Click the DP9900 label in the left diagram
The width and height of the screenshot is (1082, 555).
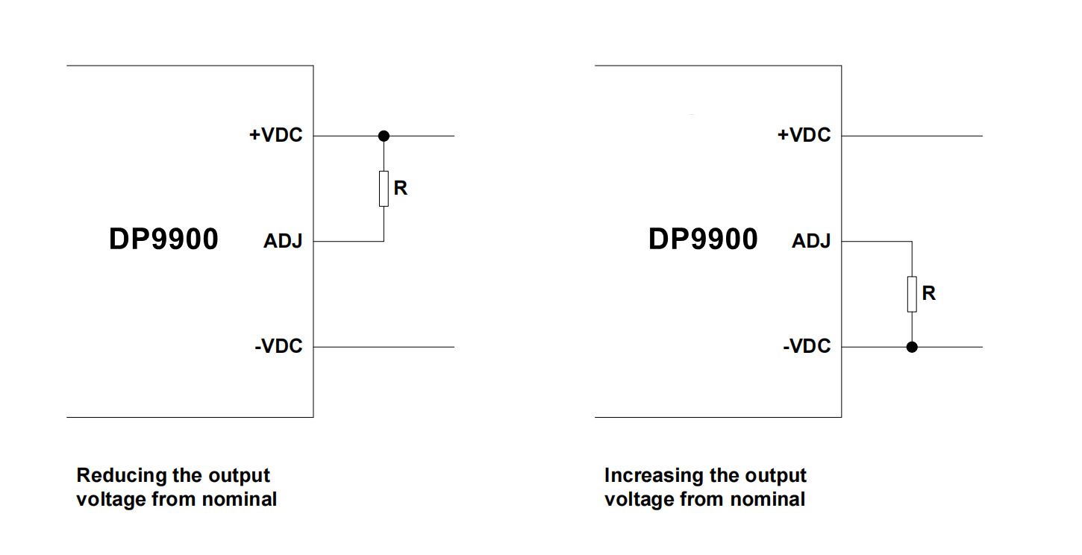point(163,239)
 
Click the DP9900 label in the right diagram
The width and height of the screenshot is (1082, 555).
point(702,239)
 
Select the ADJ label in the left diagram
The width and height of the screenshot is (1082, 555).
point(283,242)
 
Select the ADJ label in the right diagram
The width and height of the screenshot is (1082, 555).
point(811,242)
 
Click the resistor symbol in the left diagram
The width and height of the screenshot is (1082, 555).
point(384,188)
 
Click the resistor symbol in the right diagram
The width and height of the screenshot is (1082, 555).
point(912,293)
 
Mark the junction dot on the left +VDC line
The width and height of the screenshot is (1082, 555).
point(384,136)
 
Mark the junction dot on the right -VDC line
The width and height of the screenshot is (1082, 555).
point(912,347)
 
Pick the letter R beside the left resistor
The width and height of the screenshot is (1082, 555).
point(401,188)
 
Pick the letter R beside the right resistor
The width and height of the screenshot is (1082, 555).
point(929,293)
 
